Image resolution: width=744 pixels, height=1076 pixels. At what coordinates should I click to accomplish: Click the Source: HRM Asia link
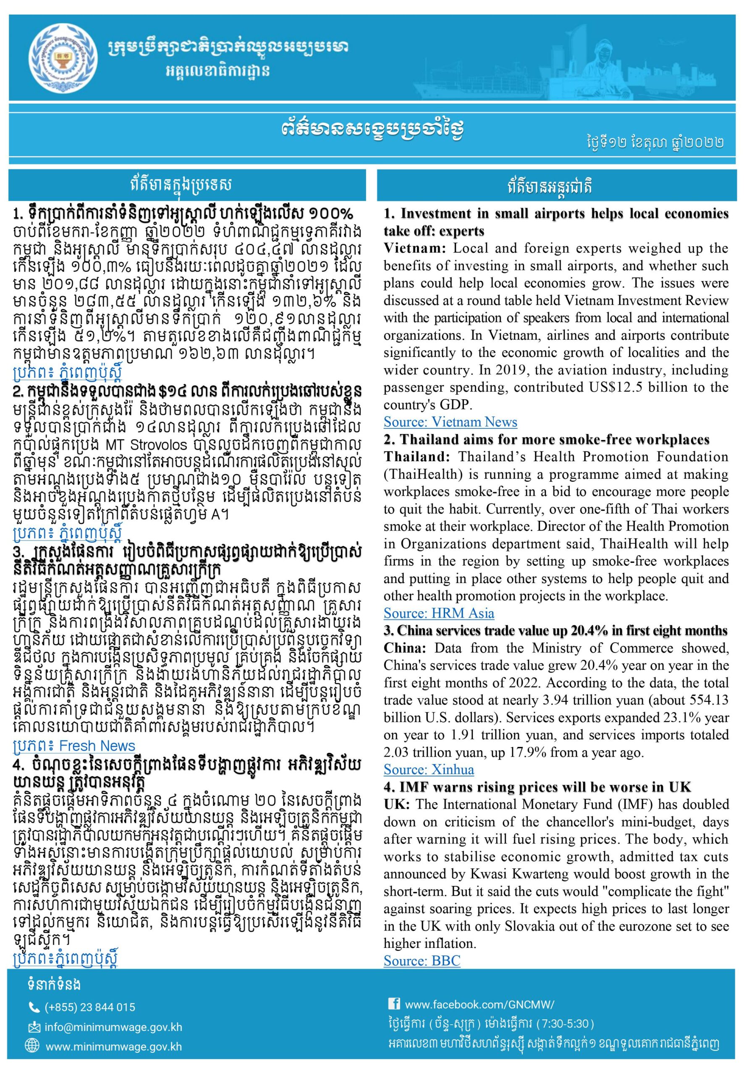(x=439, y=613)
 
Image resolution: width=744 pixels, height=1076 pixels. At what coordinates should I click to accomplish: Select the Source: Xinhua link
(x=428, y=769)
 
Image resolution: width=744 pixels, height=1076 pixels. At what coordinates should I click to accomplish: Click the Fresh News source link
(x=73, y=746)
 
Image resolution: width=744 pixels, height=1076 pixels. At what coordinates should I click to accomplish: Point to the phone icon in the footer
(x=34, y=1007)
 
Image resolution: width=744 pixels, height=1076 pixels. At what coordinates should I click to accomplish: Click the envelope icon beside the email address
(x=34, y=1026)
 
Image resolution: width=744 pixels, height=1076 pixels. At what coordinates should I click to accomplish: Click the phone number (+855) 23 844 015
(x=90, y=1007)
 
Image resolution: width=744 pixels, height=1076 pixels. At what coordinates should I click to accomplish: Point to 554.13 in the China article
(x=705, y=700)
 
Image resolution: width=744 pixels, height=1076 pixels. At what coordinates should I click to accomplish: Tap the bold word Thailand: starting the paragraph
(x=417, y=457)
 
